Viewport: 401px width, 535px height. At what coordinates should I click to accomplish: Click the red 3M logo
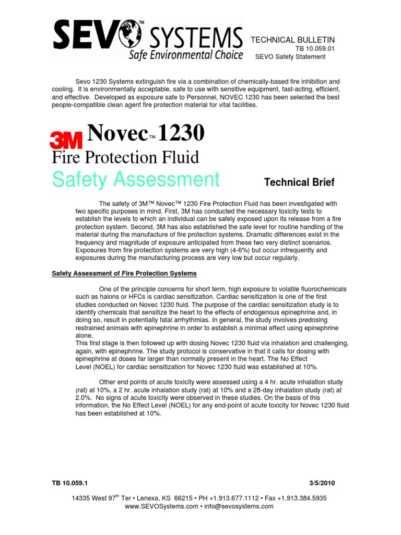click(65, 141)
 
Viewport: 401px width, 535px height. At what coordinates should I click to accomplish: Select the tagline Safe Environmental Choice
click(185, 54)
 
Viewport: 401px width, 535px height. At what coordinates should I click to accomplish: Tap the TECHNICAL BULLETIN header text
click(293, 40)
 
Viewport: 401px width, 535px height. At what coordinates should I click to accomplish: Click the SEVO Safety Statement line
click(290, 57)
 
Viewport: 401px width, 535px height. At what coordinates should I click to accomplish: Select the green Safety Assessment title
click(135, 179)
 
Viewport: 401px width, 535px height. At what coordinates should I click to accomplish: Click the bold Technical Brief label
click(299, 182)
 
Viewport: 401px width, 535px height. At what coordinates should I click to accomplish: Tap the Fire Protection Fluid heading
click(124, 157)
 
